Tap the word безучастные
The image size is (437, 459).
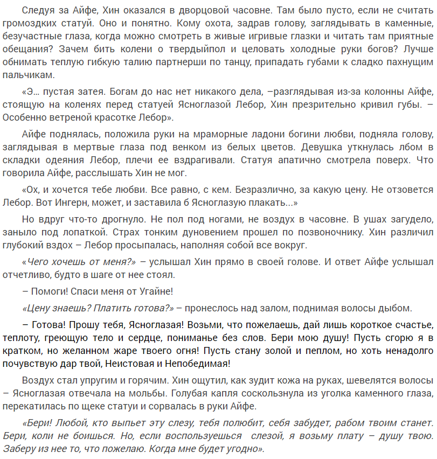[34, 37]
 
